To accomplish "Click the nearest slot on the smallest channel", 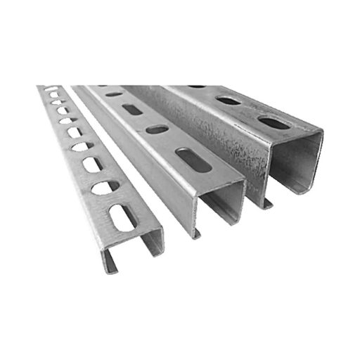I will pos(123,217).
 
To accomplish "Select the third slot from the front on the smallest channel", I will pos(91,165).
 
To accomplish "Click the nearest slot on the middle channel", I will pos(195,160).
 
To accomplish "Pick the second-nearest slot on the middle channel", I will pos(157,129).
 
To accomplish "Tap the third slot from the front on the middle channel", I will pos(131,109).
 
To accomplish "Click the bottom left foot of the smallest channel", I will pos(110,269).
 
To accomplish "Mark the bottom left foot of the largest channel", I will pos(268,204).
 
